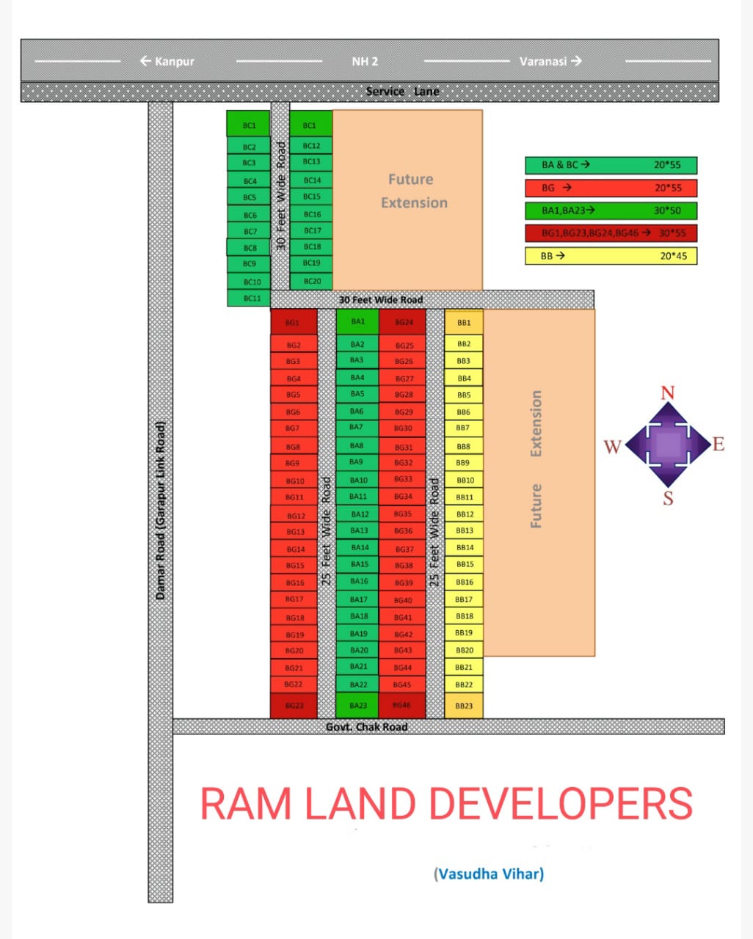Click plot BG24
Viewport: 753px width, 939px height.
(x=403, y=322)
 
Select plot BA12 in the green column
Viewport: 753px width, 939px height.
(x=358, y=514)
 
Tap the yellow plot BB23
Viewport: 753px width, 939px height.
(x=464, y=706)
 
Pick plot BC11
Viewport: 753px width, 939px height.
(x=250, y=299)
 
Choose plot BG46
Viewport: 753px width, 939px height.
(x=402, y=706)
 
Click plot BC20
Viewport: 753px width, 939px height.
(x=311, y=281)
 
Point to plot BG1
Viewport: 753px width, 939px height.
(x=293, y=322)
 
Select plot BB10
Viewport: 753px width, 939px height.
(x=464, y=481)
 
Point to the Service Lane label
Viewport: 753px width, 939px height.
(x=402, y=92)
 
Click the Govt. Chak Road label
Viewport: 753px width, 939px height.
(x=366, y=727)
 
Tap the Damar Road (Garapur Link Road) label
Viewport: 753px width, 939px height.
(x=161, y=510)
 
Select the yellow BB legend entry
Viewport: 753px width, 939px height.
(x=611, y=256)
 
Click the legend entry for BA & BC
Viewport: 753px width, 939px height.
(x=611, y=165)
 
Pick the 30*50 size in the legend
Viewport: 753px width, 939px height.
(x=667, y=211)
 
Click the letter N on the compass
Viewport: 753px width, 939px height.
(x=667, y=392)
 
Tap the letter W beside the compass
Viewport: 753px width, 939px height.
(x=612, y=446)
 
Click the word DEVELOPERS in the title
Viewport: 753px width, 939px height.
(x=561, y=803)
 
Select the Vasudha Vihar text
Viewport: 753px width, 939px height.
(x=489, y=874)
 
